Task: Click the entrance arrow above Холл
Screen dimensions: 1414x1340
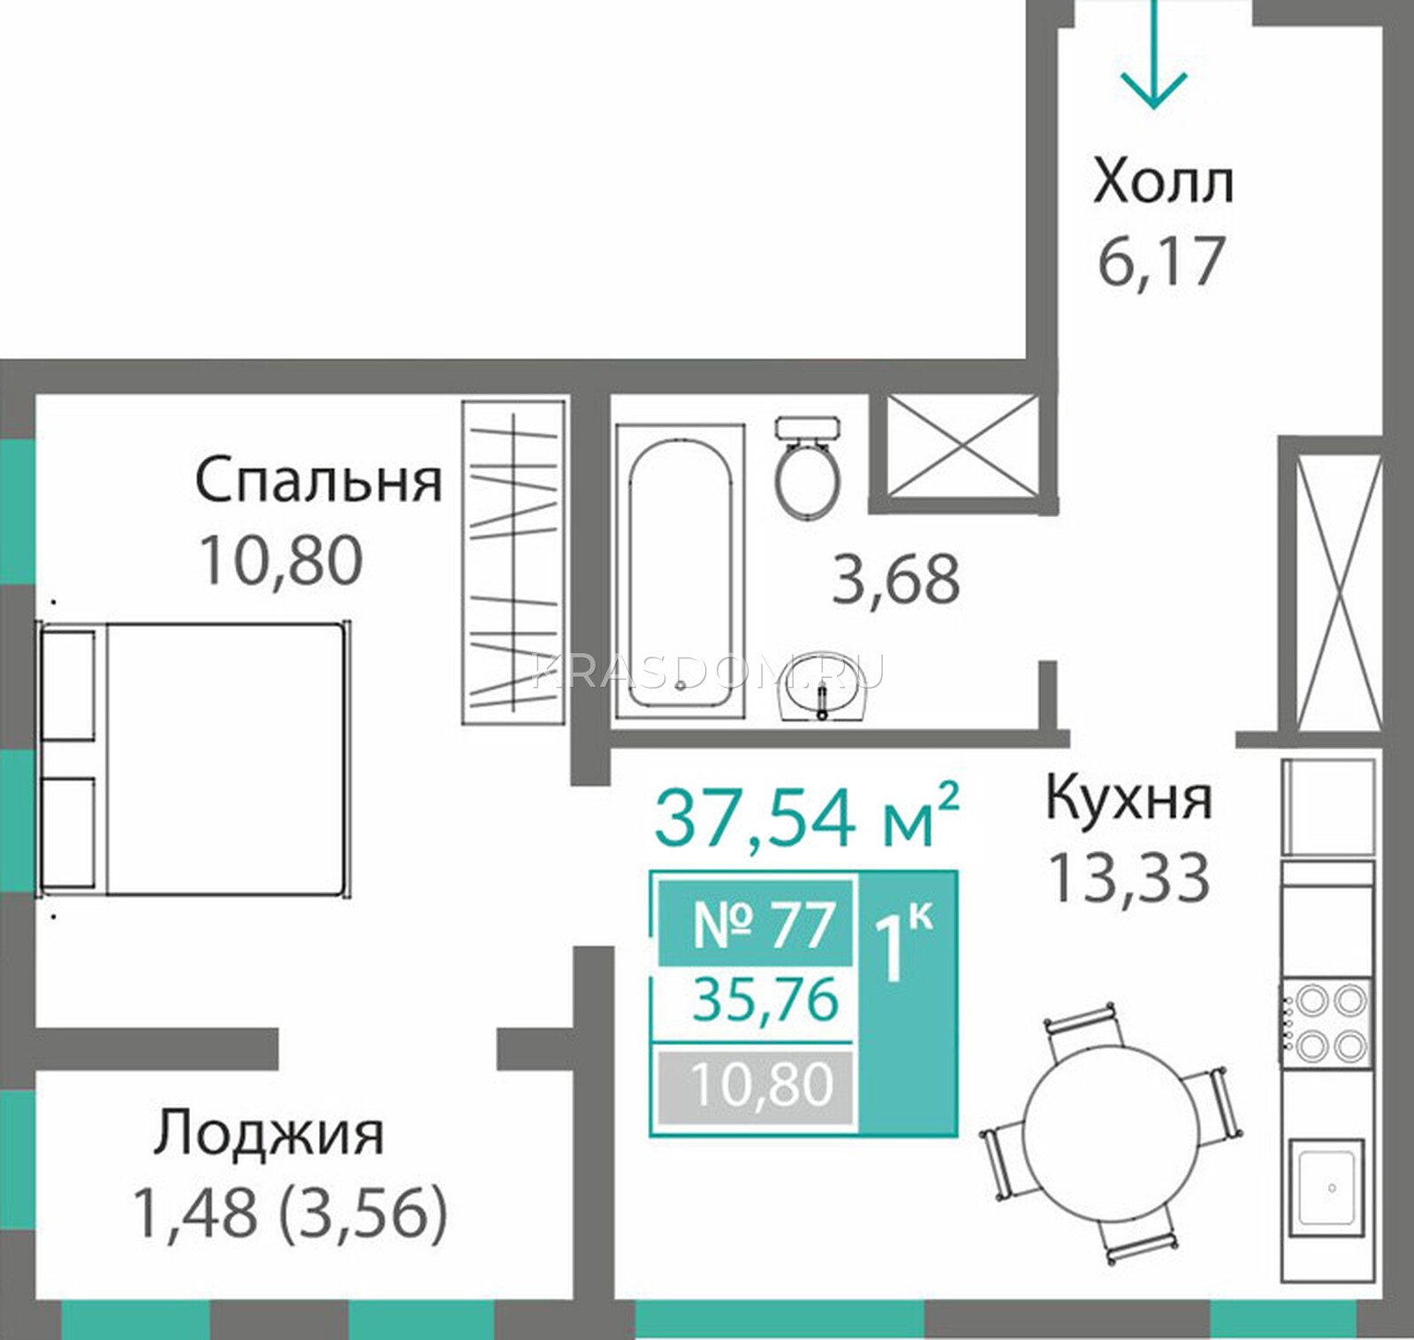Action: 1153,54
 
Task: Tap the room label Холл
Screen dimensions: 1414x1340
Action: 1163,184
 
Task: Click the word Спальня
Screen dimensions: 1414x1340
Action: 318,481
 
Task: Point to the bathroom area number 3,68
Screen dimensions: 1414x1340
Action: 896,580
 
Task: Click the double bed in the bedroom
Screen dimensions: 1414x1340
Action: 194,759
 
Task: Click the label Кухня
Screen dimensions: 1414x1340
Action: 1129,797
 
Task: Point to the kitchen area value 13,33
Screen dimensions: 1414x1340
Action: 1128,877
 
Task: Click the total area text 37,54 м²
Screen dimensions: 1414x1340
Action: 806,816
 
